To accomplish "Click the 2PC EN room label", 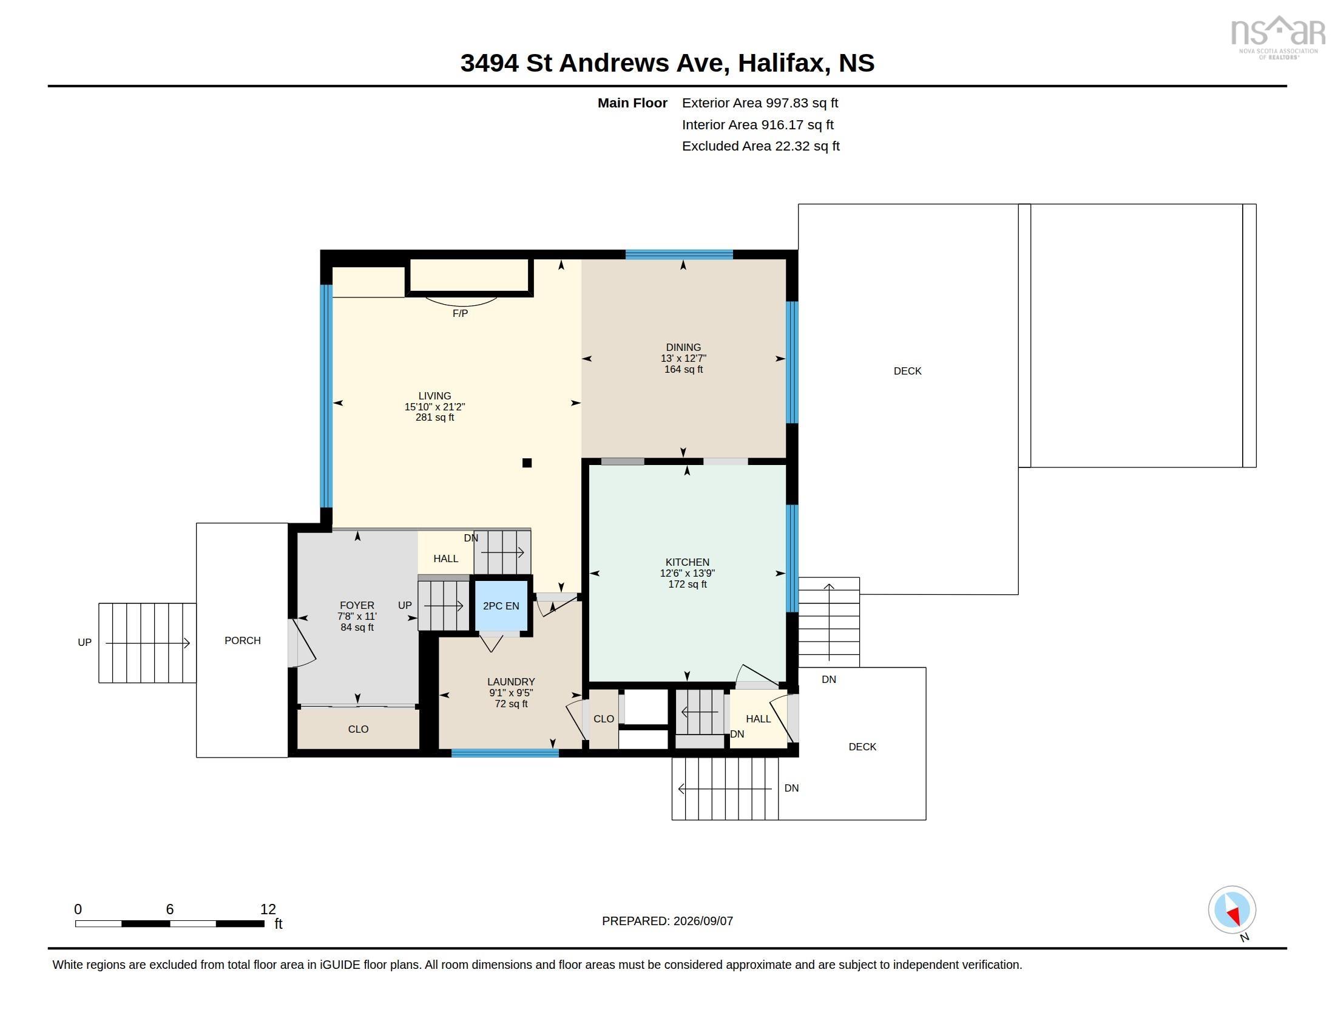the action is pyautogui.click(x=501, y=606).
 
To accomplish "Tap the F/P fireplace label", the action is pyautogui.click(x=461, y=314).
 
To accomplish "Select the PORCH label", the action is pyautogui.click(x=243, y=640).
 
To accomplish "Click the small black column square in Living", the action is pyautogui.click(x=527, y=463).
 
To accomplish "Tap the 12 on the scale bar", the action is pyautogui.click(x=268, y=909).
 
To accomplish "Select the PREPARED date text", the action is pyautogui.click(x=667, y=922).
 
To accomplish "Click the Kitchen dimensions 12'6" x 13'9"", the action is pyautogui.click(x=688, y=574).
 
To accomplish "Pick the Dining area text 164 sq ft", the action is pyautogui.click(x=683, y=369).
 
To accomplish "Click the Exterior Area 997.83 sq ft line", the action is pyautogui.click(x=760, y=103).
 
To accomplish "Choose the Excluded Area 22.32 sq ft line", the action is pyautogui.click(x=761, y=146).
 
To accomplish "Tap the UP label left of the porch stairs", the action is pyautogui.click(x=84, y=642).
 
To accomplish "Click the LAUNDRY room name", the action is pyautogui.click(x=511, y=682).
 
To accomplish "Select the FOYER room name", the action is pyautogui.click(x=357, y=605).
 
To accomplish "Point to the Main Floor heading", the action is pyautogui.click(x=633, y=103).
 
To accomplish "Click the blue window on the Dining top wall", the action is pyautogui.click(x=679, y=254).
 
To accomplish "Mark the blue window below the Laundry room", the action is pyautogui.click(x=505, y=753).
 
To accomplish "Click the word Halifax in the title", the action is pyautogui.click(x=783, y=63).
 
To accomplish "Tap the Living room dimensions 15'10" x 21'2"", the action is pyautogui.click(x=434, y=407).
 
